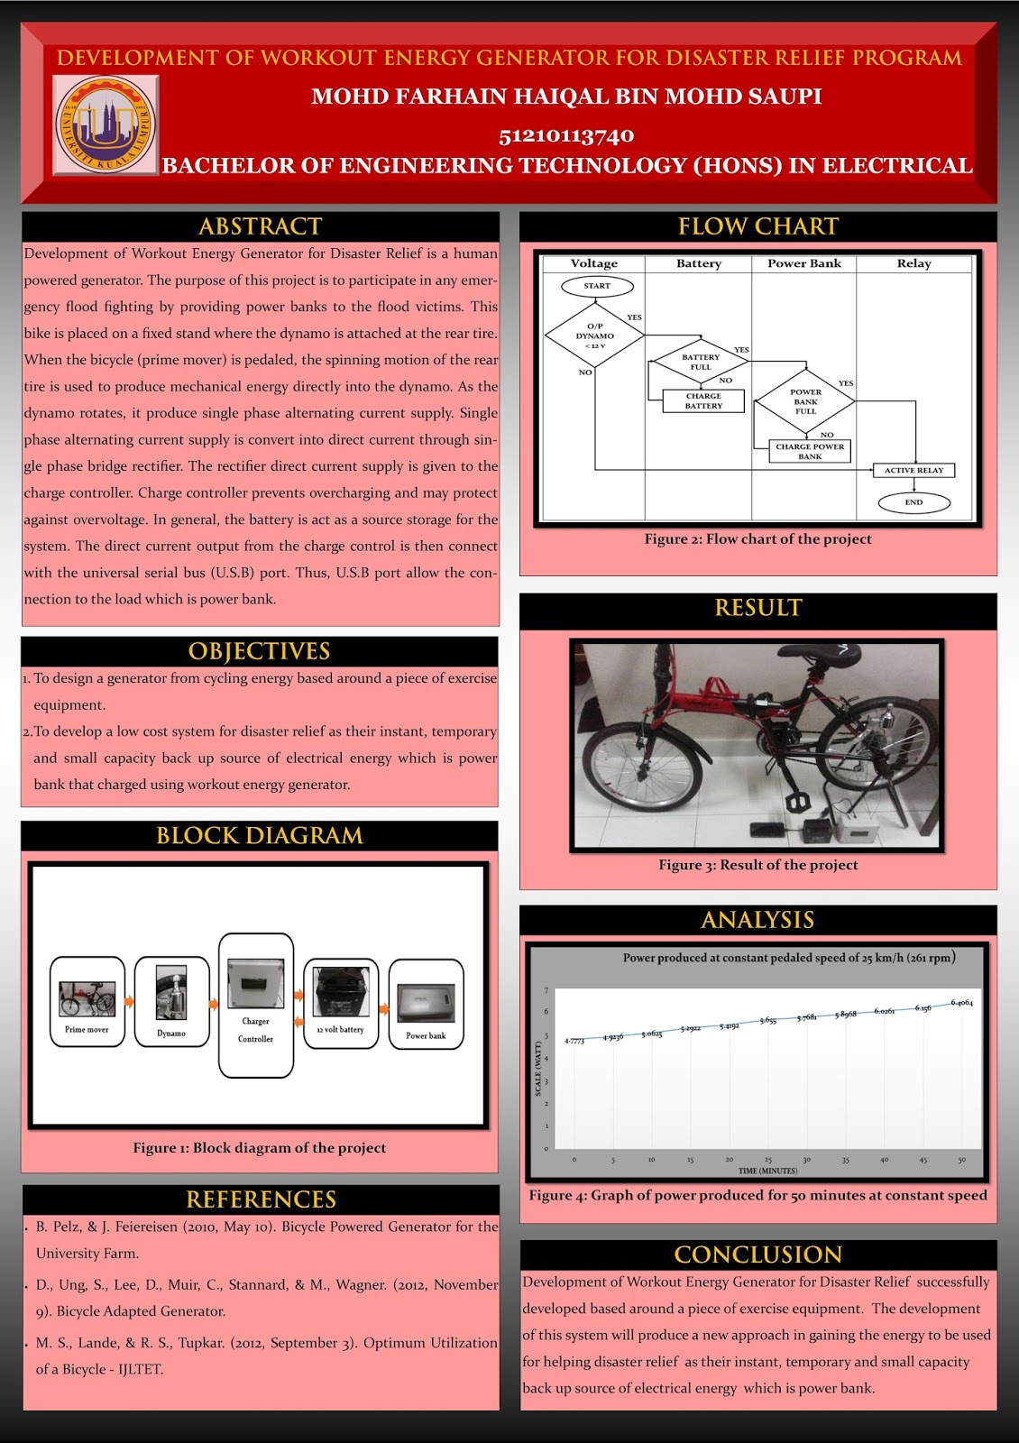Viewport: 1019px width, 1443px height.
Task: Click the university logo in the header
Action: tap(105, 125)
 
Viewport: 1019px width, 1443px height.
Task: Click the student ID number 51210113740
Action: tap(566, 136)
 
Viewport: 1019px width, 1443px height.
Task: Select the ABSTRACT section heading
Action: tap(260, 226)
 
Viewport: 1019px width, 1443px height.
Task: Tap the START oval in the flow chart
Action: tap(597, 286)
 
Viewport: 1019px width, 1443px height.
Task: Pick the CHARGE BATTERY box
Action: tap(703, 400)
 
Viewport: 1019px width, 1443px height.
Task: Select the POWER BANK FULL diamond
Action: tap(805, 401)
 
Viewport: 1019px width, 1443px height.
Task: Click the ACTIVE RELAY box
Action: tap(913, 470)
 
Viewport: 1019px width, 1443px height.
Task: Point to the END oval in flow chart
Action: tap(913, 502)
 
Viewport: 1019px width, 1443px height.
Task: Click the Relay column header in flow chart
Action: tap(913, 263)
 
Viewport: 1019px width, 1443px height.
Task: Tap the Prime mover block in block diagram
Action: tap(87, 1002)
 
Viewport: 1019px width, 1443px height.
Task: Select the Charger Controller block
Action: tap(256, 1005)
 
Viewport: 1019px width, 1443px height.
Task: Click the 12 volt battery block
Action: tap(340, 1003)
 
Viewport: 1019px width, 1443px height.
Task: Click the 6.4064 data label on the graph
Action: tap(961, 1003)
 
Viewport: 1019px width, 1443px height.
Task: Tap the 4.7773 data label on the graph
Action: tap(574, 1041)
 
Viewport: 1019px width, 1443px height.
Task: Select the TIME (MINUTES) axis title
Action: tap(767, 1171)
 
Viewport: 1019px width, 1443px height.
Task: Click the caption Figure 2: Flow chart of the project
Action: tap(757, 539)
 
